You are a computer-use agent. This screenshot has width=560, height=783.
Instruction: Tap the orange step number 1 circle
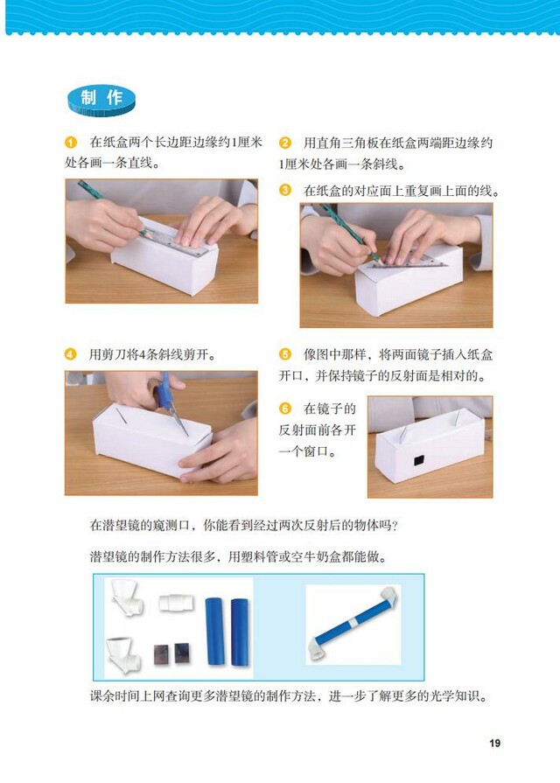pyautogui.click(x=71, y=143)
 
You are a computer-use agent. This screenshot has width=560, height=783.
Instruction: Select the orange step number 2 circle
pyautogui.click(x=285, y=143)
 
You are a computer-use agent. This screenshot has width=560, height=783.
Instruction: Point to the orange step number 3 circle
pyautogui.click(x=285, y=190)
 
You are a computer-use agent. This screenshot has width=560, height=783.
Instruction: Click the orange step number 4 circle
pyautogui.click(x=71, y=354)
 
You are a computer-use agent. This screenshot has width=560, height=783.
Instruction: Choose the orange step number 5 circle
pyautogui.click(x=285, y=354)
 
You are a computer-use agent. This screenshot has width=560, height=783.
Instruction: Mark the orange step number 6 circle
pyautogui.click(x=285, y=409)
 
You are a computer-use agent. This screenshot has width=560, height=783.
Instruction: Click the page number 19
pyautogui.click(x=494, y=744)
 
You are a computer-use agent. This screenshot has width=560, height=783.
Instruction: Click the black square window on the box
pyautogui.click(x=418, y=459)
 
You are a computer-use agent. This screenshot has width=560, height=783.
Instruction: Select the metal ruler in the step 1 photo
pyautogui.click(x=179, y=236)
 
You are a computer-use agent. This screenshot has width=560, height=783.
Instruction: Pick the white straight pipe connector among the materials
pyautogui.click(x=175, y=603)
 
